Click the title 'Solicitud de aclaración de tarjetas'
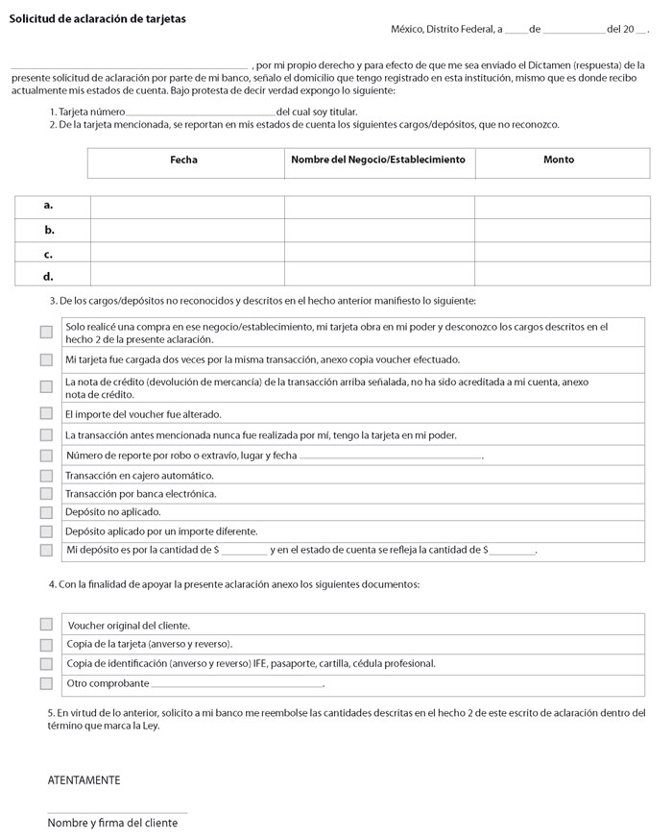[x=97, y=19]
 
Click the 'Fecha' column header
[x=183, y=160]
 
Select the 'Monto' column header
[x=559, y=160]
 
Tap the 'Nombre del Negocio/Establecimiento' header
[x=378, y=160]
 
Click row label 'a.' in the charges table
[x=49, y=206]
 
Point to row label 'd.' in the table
[x=49, y=277]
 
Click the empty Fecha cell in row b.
[x=187, y=231]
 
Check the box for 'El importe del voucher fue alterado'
[x=46, y=414]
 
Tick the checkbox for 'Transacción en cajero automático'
[x=46, y=476]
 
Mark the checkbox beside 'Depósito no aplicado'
[x=46, y=512]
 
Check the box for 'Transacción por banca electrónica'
[x=46, y=494]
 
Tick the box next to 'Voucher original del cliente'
[x=46, y=625]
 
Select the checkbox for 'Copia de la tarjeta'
[x=46, y=645]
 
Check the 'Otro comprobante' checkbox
[x=46, y=683]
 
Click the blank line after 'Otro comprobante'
[x=237, y=686]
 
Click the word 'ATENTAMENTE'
[x=84, y=780]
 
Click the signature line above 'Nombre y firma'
[x=117, y=813]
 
